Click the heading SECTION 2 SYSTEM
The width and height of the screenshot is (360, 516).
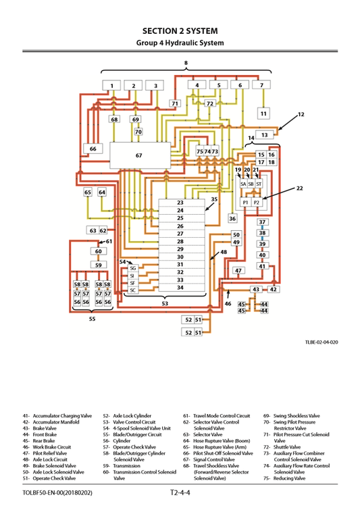tap(180, 30)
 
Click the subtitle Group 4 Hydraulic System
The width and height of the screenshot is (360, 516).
tap(180, 43)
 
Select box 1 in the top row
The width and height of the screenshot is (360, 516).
tap(112, 86)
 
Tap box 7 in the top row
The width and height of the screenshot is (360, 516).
tap(261, 85)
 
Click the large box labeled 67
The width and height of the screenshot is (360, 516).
tap(139, 155)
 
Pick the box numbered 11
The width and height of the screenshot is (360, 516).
tap(263, 113)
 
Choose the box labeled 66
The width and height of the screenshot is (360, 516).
tap(93, 149)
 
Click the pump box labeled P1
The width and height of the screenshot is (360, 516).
tap(245, 202)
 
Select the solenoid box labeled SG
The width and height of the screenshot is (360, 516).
tap(132, 268)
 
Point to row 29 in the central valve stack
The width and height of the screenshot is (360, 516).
tap(180, 249)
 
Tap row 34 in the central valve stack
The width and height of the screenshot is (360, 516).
tap(180, 288)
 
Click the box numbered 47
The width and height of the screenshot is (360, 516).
tap(238, 270)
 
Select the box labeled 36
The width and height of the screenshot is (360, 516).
tap(232, 218)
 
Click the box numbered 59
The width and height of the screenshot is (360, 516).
tap(98, 265)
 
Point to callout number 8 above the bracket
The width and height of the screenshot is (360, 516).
tap(186, 63)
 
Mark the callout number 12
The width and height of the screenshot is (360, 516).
tap(301, 114)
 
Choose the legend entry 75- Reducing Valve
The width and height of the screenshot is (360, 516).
tap(284, 478)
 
